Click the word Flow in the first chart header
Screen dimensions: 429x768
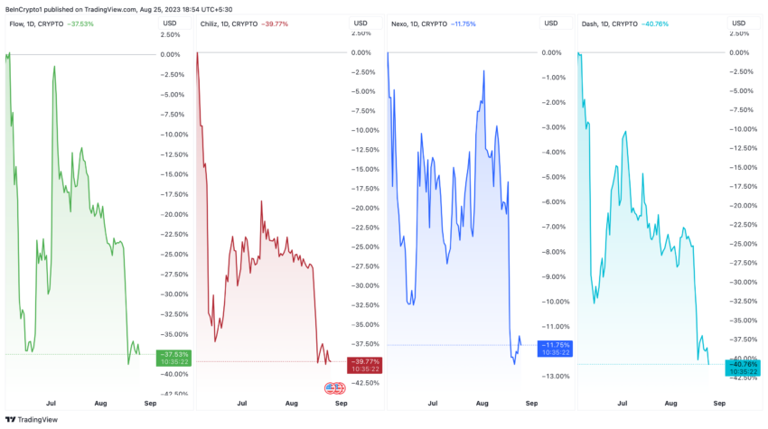[15, 23]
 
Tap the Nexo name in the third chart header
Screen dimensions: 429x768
[400, 23]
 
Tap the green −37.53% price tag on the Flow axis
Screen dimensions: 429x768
[174, 354]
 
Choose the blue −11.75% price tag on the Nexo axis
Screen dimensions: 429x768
[554, 345]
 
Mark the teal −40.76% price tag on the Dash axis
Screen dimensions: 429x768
[744, 364]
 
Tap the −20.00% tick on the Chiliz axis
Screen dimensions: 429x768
[363, 208]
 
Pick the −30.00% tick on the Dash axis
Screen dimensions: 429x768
[742, 282]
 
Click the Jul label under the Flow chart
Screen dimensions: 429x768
[52, 406]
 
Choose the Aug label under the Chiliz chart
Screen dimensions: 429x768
[292, 406]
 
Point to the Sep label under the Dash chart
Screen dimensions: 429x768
[719, 406]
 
